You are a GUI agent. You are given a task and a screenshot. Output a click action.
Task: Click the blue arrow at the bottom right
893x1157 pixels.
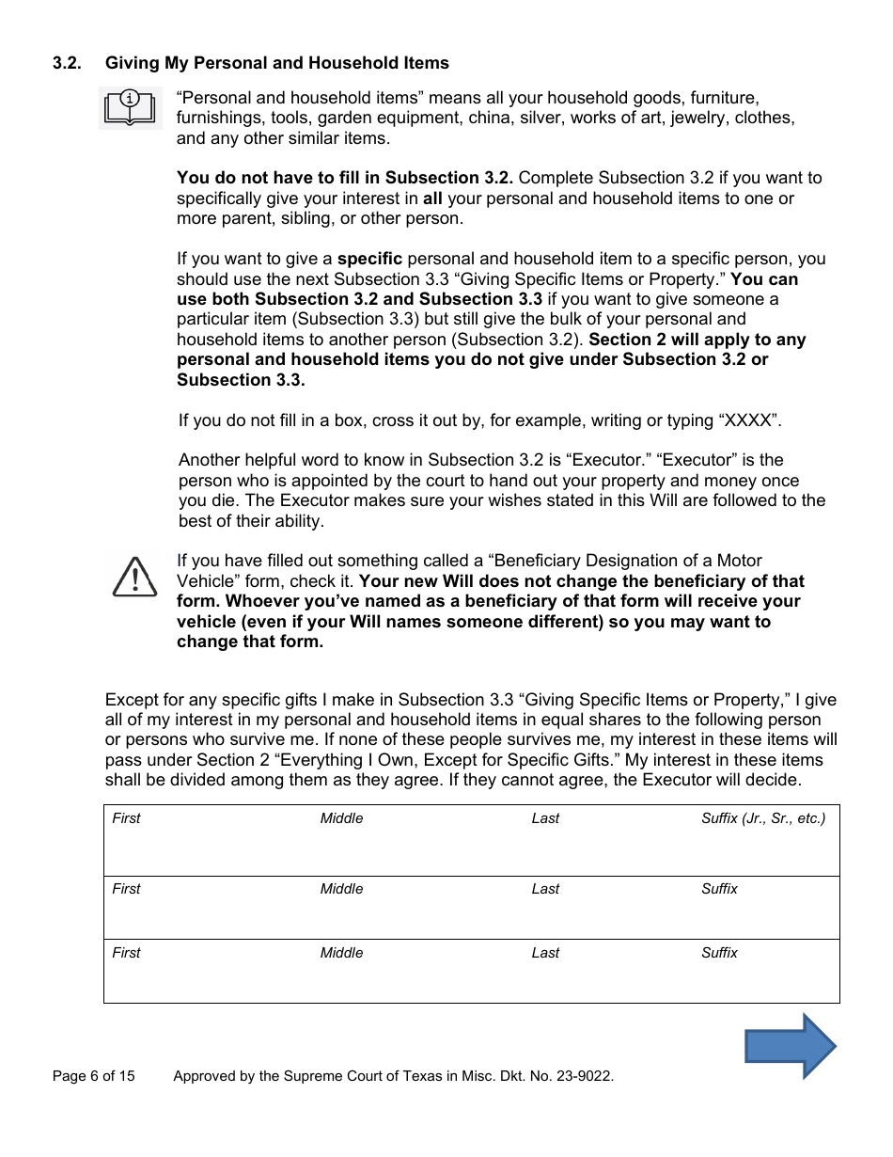tap(790, 1045)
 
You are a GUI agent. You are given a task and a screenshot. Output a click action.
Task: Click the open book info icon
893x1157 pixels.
tap(130, 106)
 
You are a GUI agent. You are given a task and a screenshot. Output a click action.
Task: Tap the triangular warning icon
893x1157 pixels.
tap(134, 576)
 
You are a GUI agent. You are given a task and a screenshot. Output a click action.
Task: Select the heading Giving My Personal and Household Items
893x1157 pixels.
tap(276, 63)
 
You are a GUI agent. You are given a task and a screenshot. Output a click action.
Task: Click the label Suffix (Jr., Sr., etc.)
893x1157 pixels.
tap(762, 818)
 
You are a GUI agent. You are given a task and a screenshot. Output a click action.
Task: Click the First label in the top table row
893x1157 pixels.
tap(126, 818)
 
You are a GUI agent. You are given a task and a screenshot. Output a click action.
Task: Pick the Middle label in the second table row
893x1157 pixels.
tap(341, 889)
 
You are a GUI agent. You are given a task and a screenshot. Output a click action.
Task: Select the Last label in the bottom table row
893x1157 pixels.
tap(545, 953)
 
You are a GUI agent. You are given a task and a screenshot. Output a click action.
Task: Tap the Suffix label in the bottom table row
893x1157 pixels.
tap(719, 953)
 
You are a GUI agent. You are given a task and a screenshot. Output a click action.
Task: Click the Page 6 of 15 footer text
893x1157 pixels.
tap(93, 1076)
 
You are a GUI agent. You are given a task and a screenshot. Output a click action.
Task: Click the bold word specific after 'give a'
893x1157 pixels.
tap(369, 259)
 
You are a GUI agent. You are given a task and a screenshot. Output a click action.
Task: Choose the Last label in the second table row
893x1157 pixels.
tap(545, 889)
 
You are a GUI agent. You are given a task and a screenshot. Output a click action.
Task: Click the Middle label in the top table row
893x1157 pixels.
tap(341, 818)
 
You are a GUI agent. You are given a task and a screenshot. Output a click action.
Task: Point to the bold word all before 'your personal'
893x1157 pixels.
tap(432, 198)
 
